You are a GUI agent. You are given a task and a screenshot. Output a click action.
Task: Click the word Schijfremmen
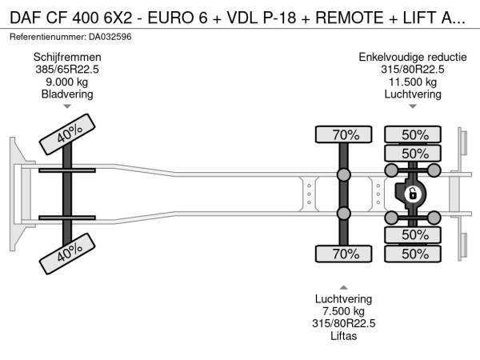[x=67, y=56]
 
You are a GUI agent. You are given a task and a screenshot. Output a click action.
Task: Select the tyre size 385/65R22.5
[x=67, y=69]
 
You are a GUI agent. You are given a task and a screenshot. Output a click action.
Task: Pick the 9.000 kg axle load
[x=67, y=82]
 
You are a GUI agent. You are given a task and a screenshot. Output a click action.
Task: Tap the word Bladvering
[x=67, y=94]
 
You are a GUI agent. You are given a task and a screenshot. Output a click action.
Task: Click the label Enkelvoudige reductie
[x=414, y=56]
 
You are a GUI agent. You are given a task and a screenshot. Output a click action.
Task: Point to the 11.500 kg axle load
[x=414, y=82]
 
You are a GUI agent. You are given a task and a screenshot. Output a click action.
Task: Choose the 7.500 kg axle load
[x=344, y=310]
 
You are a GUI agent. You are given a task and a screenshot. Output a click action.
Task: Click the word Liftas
[x=344, y=336]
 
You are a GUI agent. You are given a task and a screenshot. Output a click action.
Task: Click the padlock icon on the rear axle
[x=414, y=194]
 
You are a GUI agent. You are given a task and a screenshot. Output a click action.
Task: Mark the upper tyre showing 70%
[x=345, y=134]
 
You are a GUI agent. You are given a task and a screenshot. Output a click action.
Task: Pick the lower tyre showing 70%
[x=345, y=254]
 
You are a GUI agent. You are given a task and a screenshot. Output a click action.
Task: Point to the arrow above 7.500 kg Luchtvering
[x=344, y=286]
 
